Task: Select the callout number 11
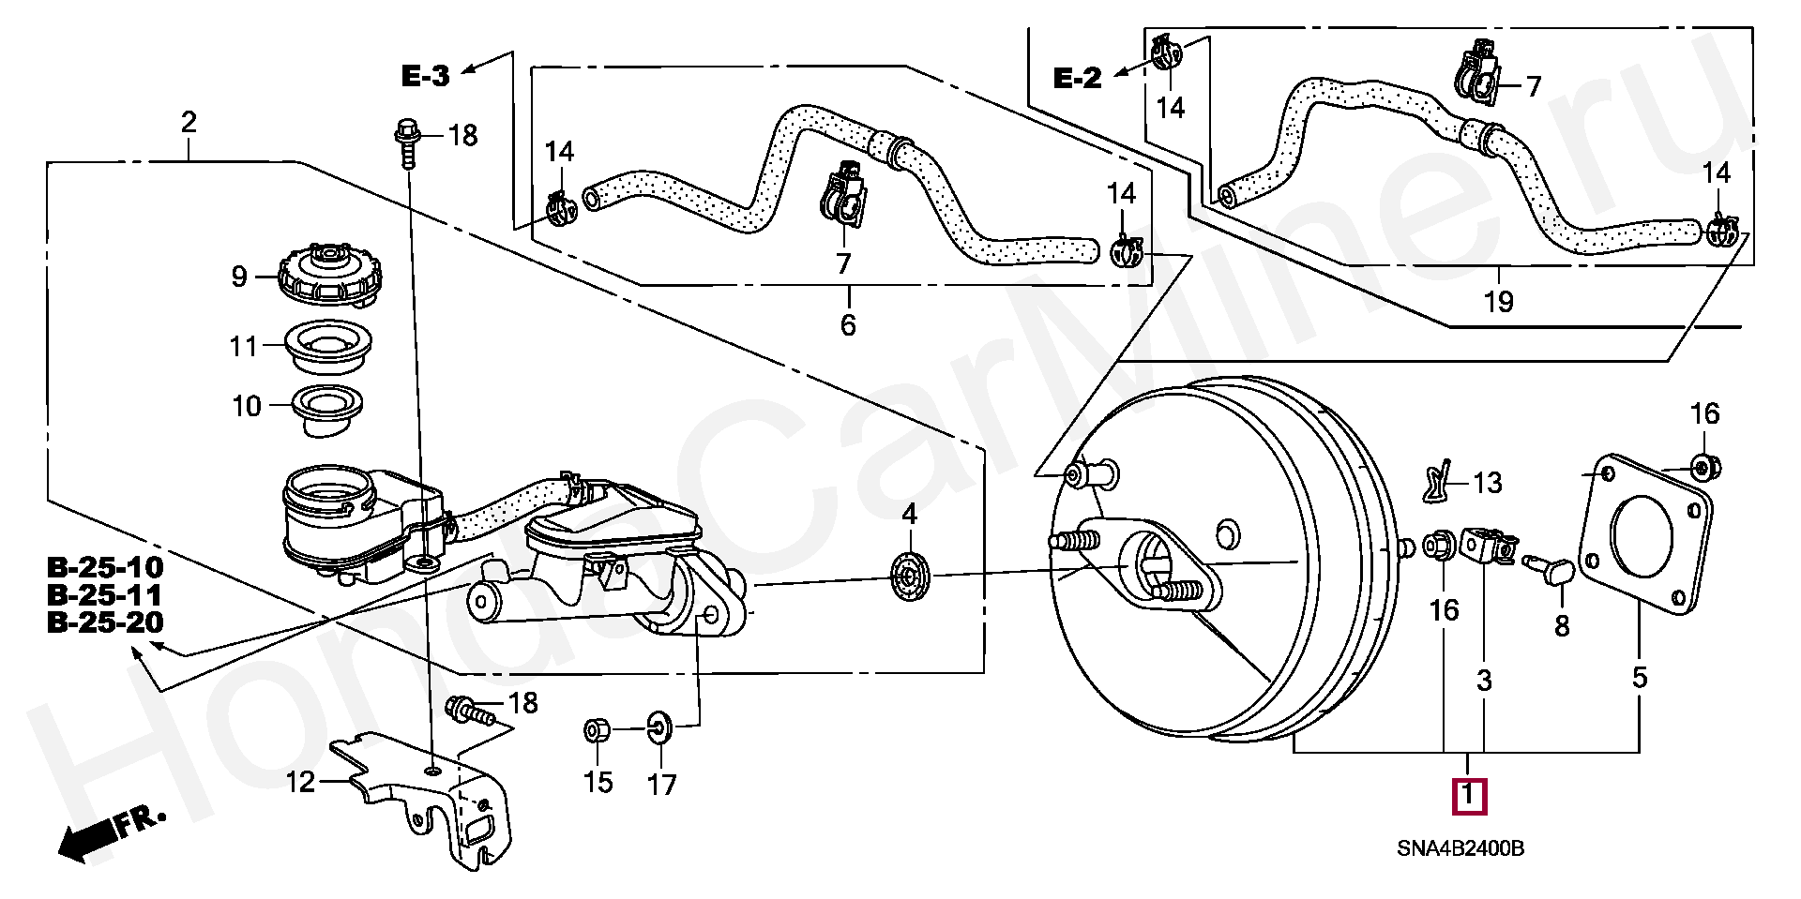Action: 244,347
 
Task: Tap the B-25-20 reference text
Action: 105,622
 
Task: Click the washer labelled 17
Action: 660,726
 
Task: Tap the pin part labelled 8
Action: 1552,566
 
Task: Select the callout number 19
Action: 1499,302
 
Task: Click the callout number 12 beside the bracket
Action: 300,782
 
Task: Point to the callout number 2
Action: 189,122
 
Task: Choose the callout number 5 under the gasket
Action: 1640,678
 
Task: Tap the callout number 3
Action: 1484,681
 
